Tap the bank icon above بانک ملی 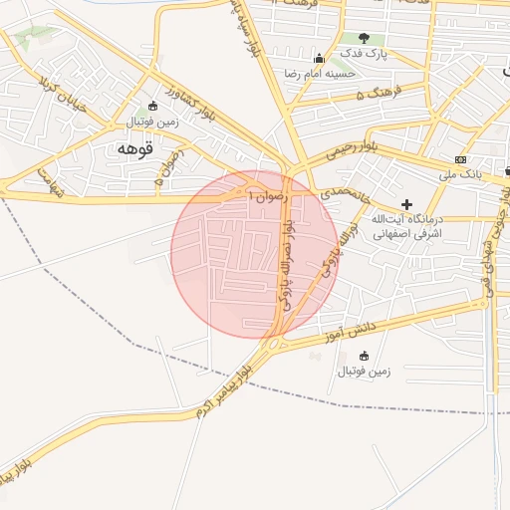click(460, 159)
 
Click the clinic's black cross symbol click(406, 204)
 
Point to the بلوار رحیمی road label click(352, 151)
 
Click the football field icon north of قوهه click(151, 107)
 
